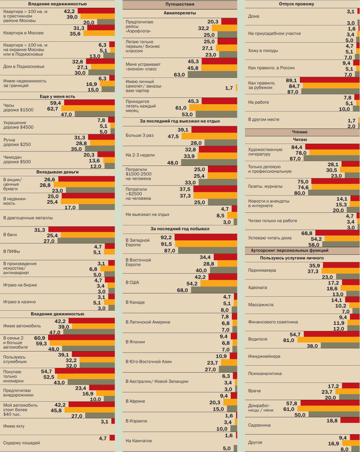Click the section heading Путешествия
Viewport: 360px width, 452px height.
[x=180, y=4]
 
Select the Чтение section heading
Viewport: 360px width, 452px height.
[x=299, y=132]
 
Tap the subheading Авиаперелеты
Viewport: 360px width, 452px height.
[x=180, y=13]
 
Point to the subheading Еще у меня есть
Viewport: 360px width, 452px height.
[x=57, y=96]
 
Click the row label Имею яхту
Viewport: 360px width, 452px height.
[x=14, y=426]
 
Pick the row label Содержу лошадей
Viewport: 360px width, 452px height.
[x=21, y=443]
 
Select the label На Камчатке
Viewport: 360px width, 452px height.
[x=139, y=441]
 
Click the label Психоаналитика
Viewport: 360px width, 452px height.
[x=265, y=373]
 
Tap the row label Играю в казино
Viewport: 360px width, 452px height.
[x=19, y=302]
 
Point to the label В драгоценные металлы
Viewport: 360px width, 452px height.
[x=28, y=218]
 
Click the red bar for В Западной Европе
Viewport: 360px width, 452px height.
[x=206, y=237]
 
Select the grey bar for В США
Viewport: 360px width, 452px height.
[x=214, y=290]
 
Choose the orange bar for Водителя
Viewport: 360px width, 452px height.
[x=328, y=339]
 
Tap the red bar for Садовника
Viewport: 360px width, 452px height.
[x=350, y=420]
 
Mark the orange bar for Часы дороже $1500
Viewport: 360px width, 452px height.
[x=88, y=108]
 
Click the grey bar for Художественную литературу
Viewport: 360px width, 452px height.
[x=331, y=158]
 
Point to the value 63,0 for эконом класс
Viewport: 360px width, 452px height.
[x=179, y=75]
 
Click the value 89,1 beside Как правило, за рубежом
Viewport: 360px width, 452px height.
[x=291, y=80]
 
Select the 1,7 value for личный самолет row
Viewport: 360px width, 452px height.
[x=229, y=88]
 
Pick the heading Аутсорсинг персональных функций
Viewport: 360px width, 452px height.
[x=289, y=250]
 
